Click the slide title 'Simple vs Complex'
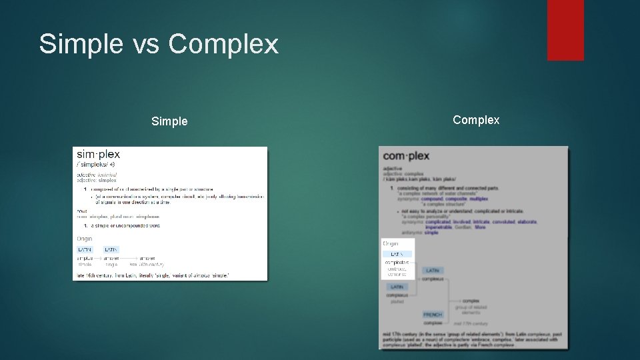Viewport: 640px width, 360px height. [x=159, y=44]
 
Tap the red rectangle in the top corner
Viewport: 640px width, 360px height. [x=565, y=30]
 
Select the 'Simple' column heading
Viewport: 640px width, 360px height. [x=169, y=121]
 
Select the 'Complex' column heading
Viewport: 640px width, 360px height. [x=476, y=120]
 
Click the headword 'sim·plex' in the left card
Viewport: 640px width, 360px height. [x=98, y=154]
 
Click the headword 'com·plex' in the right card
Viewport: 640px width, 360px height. [x=406, y=156]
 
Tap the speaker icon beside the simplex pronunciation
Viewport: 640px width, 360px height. [x=113, y=164]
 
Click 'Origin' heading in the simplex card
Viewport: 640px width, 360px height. [x=85, y=239]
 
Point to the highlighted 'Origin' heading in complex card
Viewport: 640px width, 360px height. [x=391, y=244]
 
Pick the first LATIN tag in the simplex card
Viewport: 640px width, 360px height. [x=85, y=249]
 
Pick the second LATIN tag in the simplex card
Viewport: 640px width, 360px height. [x=111, y=249]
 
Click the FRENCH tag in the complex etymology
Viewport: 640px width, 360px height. [x=433, y=315]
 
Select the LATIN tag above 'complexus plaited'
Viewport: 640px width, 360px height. [x=397, y=287]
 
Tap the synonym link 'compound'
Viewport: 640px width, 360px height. [x=432, y=199]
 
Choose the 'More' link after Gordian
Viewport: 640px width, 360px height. [x=480, y=227]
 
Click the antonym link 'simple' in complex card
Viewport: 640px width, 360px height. [x=431, y=233]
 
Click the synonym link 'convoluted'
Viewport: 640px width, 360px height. [x=504, y=222]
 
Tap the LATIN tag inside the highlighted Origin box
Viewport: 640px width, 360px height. [x=397, y=254]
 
